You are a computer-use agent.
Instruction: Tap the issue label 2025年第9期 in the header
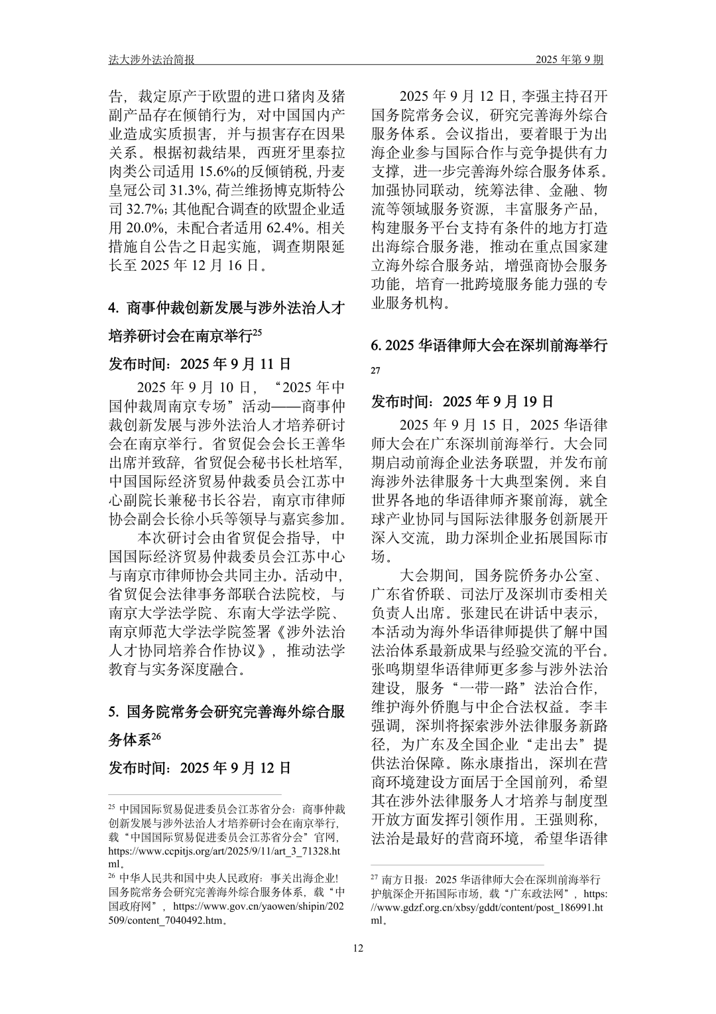click(569, 60)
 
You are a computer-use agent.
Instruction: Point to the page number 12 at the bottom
click(358, 948)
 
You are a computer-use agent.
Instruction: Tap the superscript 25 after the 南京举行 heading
click(259, 333)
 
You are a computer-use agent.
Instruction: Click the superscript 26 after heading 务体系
click(156, 736)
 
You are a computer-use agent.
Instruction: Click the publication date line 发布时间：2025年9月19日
click(462, 401)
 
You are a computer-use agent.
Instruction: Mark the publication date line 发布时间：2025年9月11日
click(200, 364)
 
